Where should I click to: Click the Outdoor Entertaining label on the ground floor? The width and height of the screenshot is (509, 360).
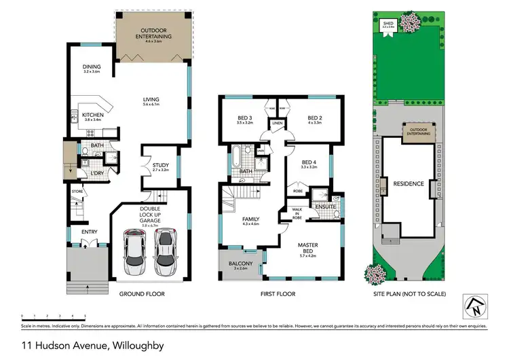coord(153,35)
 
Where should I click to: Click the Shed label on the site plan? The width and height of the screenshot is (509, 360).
coord(389,24)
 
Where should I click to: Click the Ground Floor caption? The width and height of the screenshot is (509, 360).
coord(142,294)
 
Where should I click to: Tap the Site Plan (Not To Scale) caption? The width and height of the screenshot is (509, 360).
coord(410,294)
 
